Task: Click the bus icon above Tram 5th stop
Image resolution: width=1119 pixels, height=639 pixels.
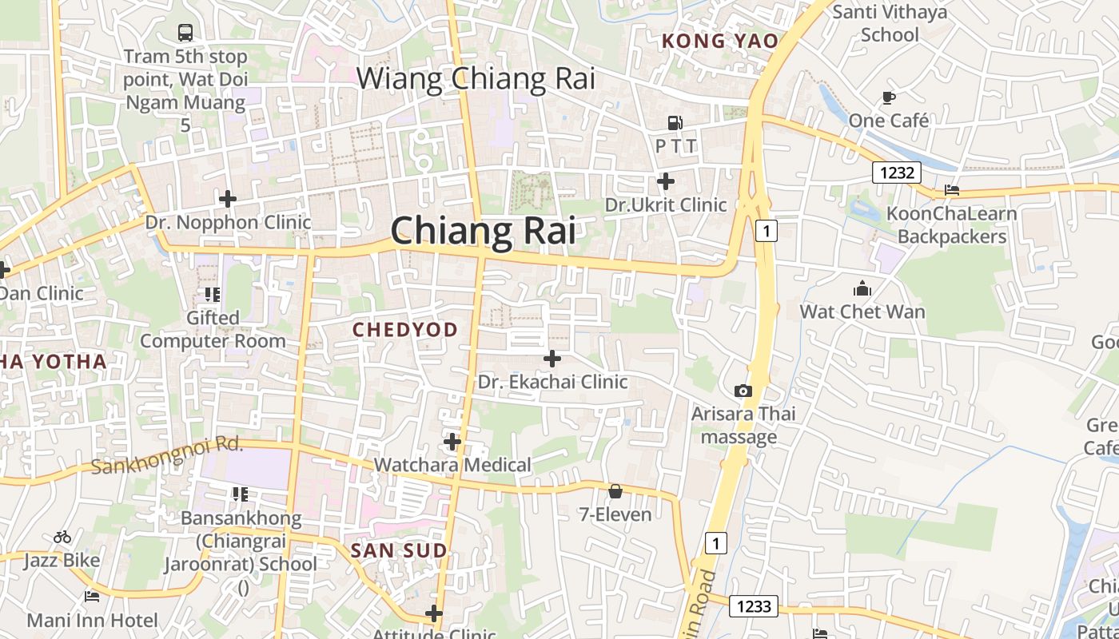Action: tap(185, 33)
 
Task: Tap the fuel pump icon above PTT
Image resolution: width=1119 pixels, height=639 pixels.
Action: tap(675, 123)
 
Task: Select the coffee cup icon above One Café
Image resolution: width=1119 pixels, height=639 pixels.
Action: tap(888, 97)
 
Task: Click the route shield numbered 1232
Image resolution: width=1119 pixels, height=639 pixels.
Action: tap(897, 172)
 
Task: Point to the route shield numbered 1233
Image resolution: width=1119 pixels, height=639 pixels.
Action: tap(754, 607)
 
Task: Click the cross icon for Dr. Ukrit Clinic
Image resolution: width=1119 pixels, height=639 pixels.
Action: tap(665, 181)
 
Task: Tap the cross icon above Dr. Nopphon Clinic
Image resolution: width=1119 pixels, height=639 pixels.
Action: tap(228, 198)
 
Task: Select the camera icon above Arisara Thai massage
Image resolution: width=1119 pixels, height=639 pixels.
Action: tap(743, 391)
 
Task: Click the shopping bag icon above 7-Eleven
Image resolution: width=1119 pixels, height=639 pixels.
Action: tap(615, 491)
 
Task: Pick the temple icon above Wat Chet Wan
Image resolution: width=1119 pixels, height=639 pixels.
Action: tap(862, 288)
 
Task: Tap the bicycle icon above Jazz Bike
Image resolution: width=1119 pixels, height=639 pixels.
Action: tap(62, 537)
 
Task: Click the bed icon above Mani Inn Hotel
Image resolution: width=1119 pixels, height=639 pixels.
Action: tap(92, 596)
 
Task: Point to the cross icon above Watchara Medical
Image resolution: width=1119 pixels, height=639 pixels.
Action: tap(452, 441)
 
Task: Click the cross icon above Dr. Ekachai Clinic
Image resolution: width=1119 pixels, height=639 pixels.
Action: tap(552, 359)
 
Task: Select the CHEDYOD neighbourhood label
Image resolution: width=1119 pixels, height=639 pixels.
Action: tap(405, 330)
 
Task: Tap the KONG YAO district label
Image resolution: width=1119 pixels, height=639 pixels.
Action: tap(719, 41)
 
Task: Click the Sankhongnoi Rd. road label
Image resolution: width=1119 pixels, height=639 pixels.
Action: tap(166, 454)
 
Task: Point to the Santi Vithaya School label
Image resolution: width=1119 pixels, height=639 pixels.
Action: tap(890, 23)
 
